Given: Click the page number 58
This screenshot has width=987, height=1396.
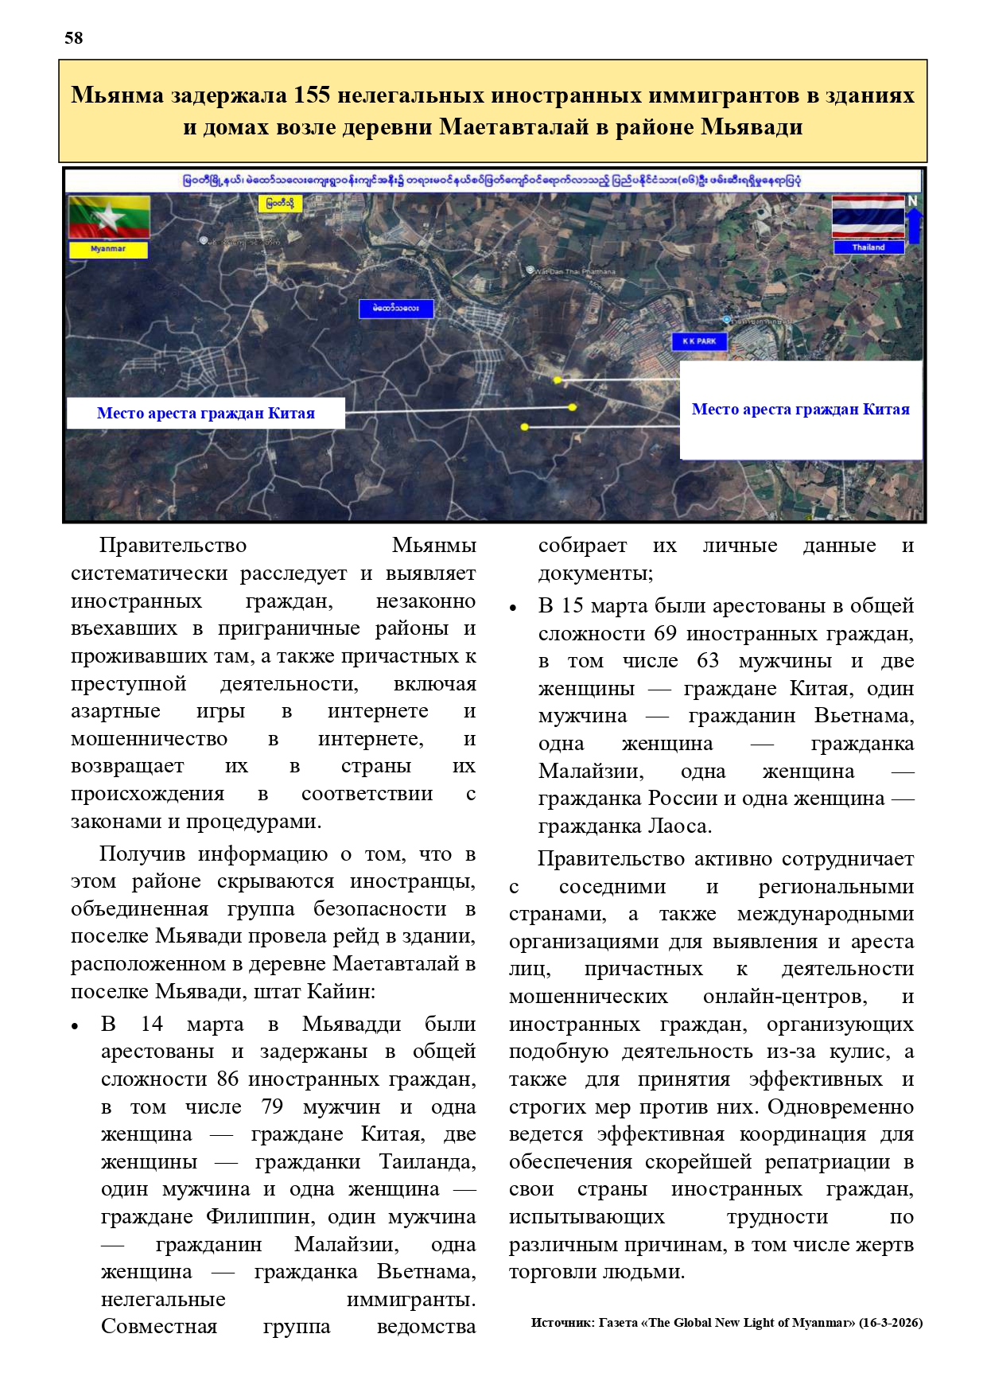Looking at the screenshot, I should tap(73, 38).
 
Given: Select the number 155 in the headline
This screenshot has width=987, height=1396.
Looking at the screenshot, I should tap(312, 95).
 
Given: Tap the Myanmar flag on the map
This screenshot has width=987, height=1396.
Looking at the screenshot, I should tap(109, 216).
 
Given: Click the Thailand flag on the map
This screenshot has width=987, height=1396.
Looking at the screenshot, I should tap(868, 216).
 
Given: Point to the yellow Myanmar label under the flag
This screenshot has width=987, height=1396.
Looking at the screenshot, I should tap(108, 249).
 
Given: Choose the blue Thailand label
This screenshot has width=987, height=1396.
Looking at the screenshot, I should tap(868, 247).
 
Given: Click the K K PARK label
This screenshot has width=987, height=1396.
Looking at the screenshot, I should tap(699, 341).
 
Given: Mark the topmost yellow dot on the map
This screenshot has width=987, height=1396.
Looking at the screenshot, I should tap(558, 380).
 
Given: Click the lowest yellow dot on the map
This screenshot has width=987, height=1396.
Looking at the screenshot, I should tap(524, 427).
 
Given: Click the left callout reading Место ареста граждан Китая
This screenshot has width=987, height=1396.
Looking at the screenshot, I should tap(205, 414).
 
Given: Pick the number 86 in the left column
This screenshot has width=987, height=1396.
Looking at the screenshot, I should tap(228, 1079).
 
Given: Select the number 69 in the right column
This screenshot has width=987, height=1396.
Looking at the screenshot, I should tap(665, 634).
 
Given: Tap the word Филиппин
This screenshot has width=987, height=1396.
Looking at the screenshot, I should tap(262, 1217).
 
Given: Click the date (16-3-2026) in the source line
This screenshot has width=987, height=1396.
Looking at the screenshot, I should tap(891, 1323).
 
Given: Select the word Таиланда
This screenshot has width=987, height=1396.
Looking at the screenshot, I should tap(427, 1162).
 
